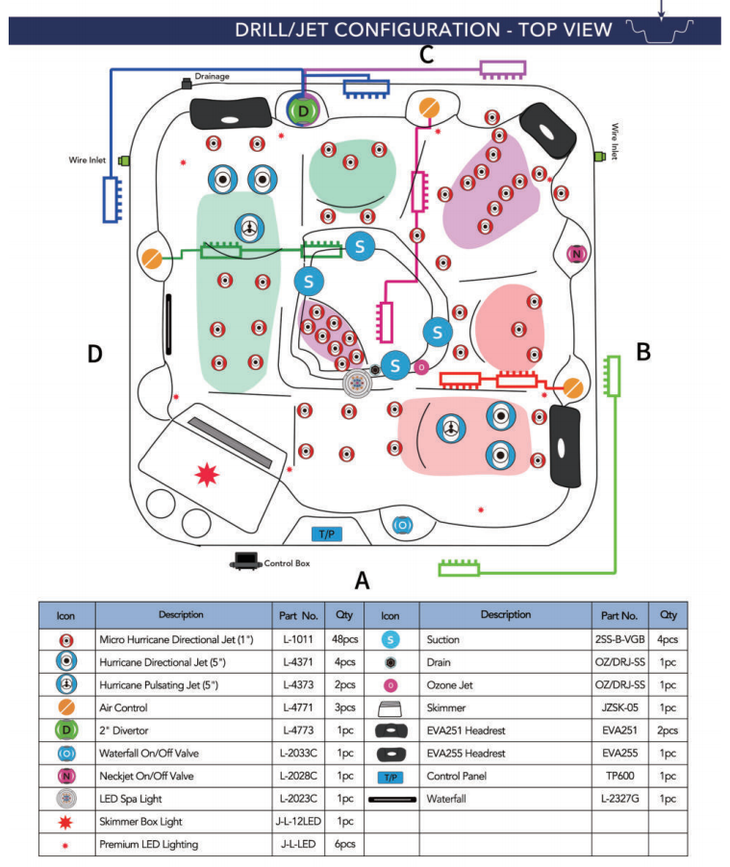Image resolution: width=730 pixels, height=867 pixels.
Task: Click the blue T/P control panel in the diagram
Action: (328, 533)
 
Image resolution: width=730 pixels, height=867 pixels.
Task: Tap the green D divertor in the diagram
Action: (304, 111)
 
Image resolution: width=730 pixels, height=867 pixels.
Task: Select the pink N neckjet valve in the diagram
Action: (576, 254)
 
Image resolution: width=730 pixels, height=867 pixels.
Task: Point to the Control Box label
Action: (287, 564)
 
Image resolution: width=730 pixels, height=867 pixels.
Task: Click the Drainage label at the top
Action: (212, 76)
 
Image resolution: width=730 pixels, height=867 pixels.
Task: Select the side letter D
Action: (94, 354)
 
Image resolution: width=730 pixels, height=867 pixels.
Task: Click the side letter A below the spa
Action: (362, 581)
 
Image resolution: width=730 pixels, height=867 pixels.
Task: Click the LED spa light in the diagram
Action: (358, 383)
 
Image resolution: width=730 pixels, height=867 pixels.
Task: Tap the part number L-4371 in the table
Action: (302, 662)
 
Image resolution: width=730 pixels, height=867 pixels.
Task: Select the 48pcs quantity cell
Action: (343, 639)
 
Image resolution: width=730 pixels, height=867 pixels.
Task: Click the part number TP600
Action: (618, 777)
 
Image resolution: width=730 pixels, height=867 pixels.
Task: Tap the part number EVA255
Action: (618, 754)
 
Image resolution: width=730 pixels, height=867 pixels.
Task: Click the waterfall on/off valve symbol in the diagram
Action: (402, 525)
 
